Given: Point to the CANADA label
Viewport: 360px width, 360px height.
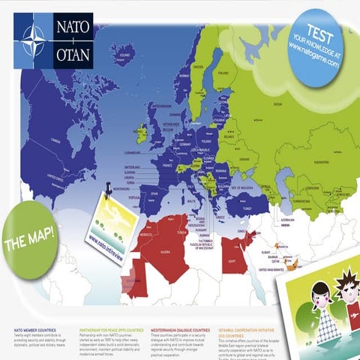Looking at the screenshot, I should click(x=54, y=139).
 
